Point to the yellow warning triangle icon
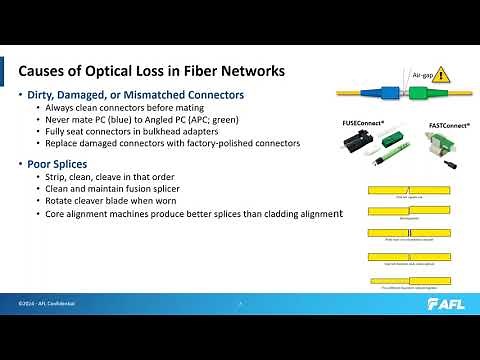441,78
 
